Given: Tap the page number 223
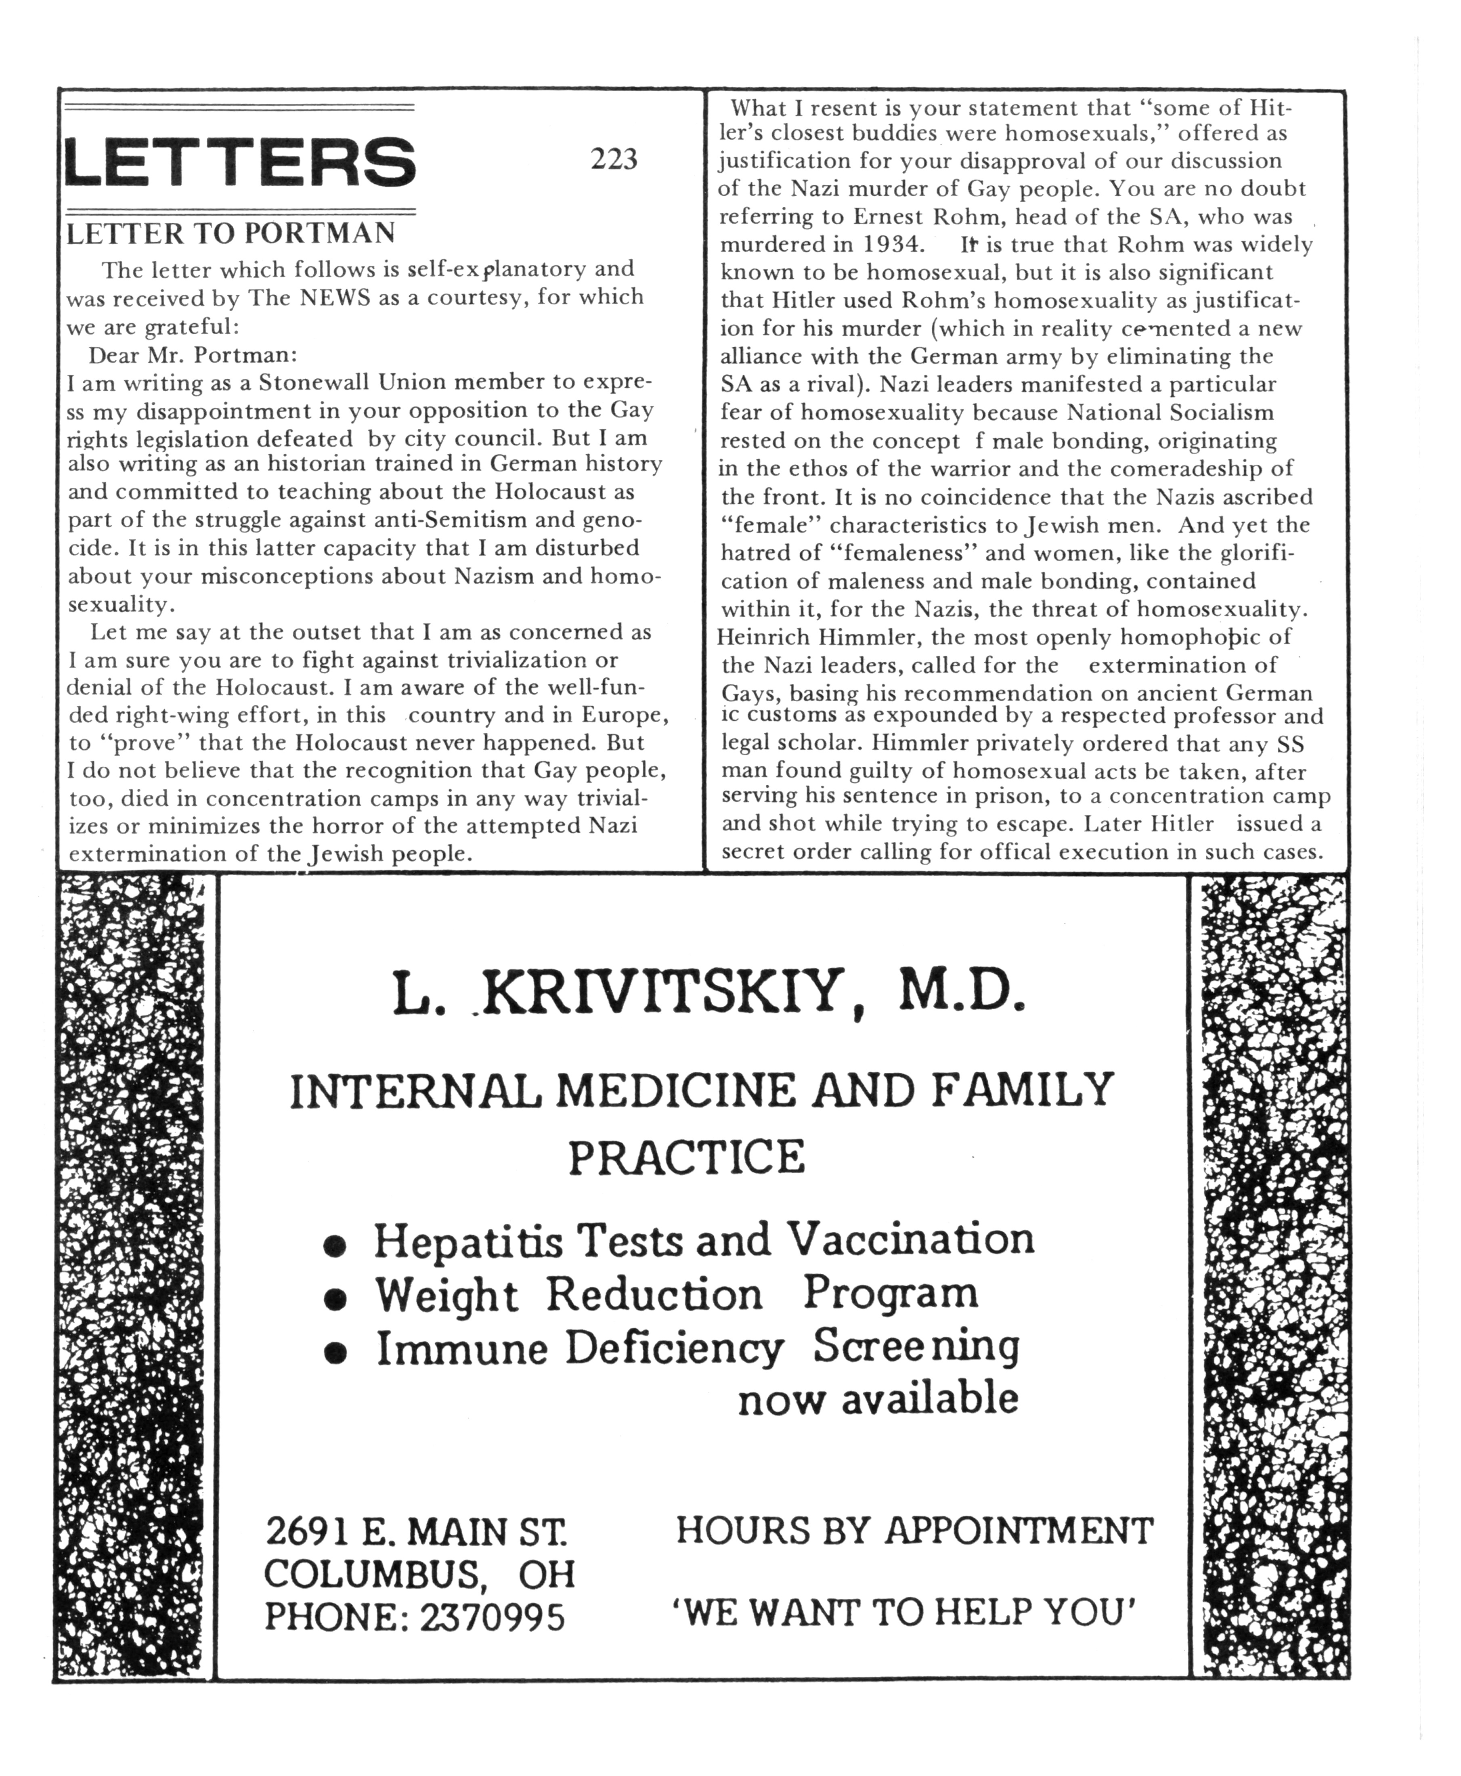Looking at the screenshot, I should (x=614, y=159).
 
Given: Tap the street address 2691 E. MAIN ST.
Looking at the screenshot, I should (x=417, y=1531).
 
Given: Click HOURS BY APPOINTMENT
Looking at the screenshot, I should (x=914, y=1530).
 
